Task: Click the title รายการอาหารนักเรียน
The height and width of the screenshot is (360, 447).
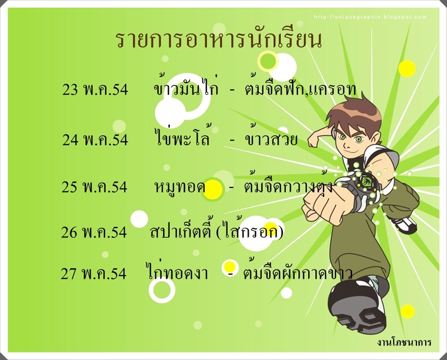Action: coord(219,40)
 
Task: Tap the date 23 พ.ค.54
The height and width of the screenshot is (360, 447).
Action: coord(95,90)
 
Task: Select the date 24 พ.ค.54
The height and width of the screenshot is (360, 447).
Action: coord(95,140)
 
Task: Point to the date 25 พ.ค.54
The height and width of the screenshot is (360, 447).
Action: coord(94,187)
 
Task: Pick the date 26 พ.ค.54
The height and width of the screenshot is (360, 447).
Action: coord(93,232)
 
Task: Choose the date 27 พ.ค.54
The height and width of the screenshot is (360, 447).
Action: coord(93,273)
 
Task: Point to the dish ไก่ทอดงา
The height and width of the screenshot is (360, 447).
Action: coord(177,271)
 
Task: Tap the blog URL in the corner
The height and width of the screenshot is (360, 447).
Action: coord(370,17)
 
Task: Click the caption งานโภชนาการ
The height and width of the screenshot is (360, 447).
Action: coord(404,342)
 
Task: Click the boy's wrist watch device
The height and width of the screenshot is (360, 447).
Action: coord(365,183)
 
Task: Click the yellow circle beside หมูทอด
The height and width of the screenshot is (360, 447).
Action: coord(213,189)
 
